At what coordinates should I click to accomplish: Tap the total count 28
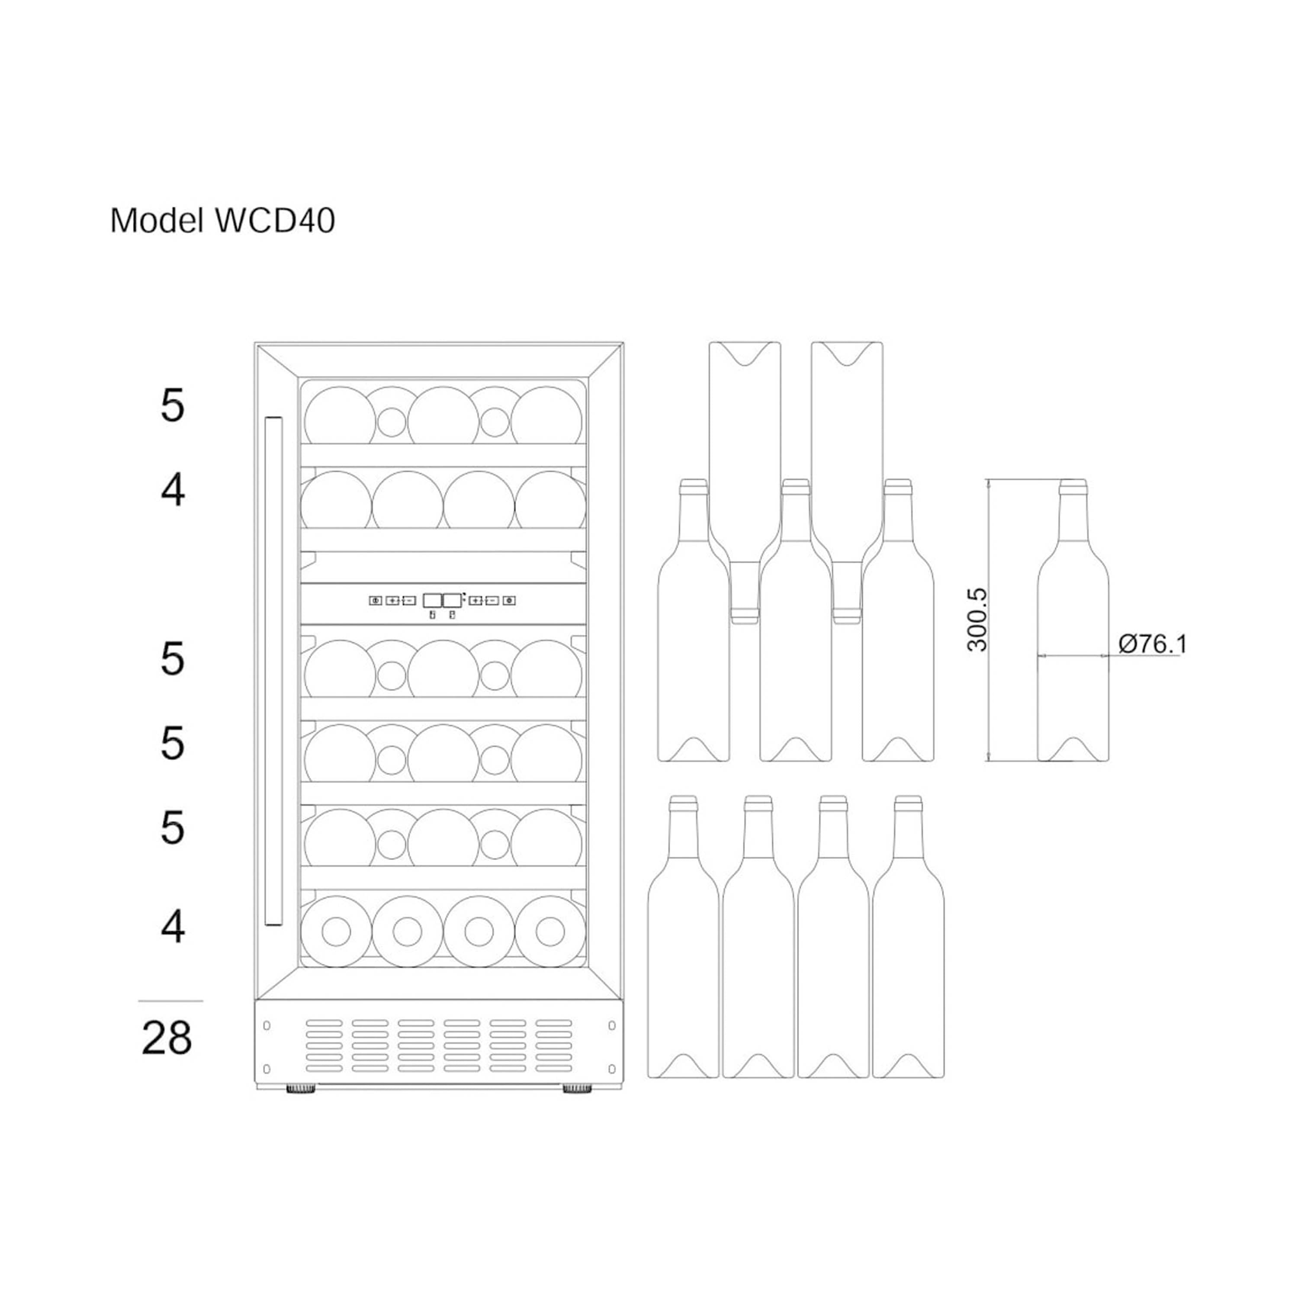[167, 1038]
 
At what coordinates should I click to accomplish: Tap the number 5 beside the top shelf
[172, 406]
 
